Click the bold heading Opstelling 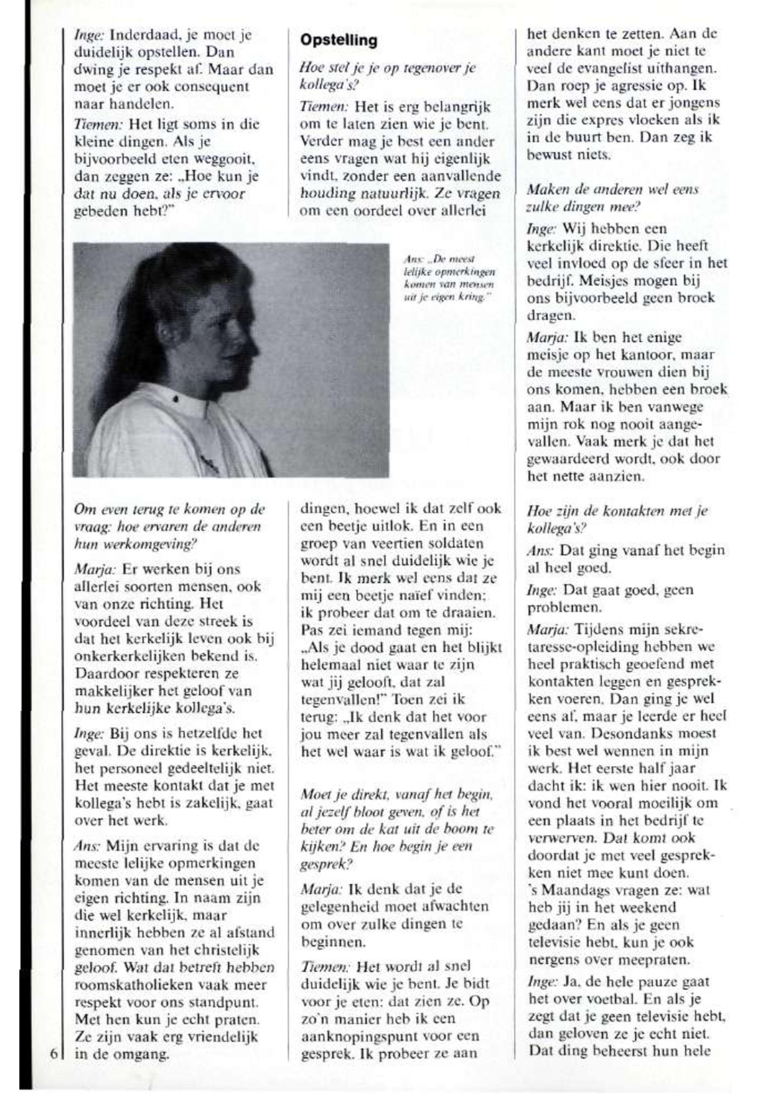(x=339, y=40)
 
